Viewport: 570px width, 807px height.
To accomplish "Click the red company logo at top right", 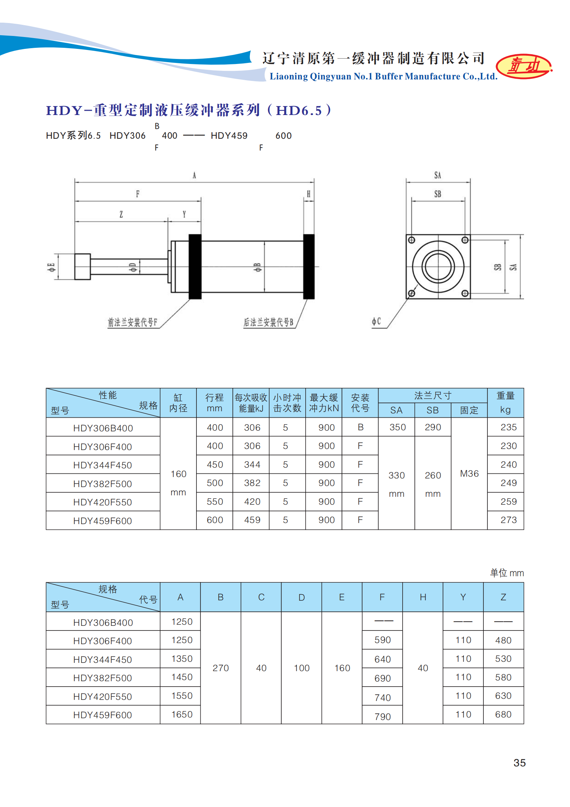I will (x=524, y=66).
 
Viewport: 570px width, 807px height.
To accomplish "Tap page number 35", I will (x=519, y=762).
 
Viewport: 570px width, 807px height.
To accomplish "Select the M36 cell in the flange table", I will (x=469, y=474).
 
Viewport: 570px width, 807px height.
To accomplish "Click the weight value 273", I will (x=508, y=520).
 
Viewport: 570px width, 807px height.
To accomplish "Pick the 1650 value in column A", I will (x=182, y=714).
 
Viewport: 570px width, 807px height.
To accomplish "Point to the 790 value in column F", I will (x=382, y=716).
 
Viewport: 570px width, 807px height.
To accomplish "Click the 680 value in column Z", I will (x=503, y=714).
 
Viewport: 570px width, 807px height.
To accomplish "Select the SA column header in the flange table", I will (x=396, y=410).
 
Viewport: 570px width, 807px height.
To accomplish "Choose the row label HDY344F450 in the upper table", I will (x=102, y=465).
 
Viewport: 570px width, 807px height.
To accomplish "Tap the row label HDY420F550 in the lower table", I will (x=102, y=697).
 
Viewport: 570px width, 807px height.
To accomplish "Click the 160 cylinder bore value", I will (x=178, y=474).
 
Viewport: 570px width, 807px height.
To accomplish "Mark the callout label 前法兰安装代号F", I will (x=133, y=322).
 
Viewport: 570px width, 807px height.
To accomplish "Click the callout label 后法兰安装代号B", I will (x=268, y=322).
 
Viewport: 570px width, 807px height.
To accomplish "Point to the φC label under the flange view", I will (x=376, y=321).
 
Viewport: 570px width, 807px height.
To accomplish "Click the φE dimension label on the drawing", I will (x=52, y=267).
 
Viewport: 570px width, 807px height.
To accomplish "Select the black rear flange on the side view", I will (x=309, y=266).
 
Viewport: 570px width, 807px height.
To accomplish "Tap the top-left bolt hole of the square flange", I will (x=412, y=240).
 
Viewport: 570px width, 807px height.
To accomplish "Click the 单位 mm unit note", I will (x=507, y=573).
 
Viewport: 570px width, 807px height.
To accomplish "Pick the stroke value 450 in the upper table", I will (x=215, y=465).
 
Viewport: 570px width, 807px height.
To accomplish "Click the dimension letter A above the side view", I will (x=194, y=175).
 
